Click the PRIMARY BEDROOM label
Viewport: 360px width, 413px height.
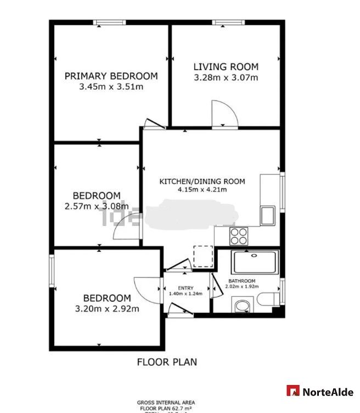point(111,76)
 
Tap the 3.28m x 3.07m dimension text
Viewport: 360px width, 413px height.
point(226,78)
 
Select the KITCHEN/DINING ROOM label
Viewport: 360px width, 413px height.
point(202,182)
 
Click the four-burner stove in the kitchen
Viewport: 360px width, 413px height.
point(238,236)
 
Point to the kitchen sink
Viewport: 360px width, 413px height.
point(268,215)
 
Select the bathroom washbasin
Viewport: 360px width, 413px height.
point(241,304)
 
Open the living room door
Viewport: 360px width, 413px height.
point(225,114)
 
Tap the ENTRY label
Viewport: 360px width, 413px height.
point(186,288)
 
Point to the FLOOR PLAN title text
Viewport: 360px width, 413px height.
point(167,362)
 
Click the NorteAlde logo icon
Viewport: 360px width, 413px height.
point(293,391)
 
